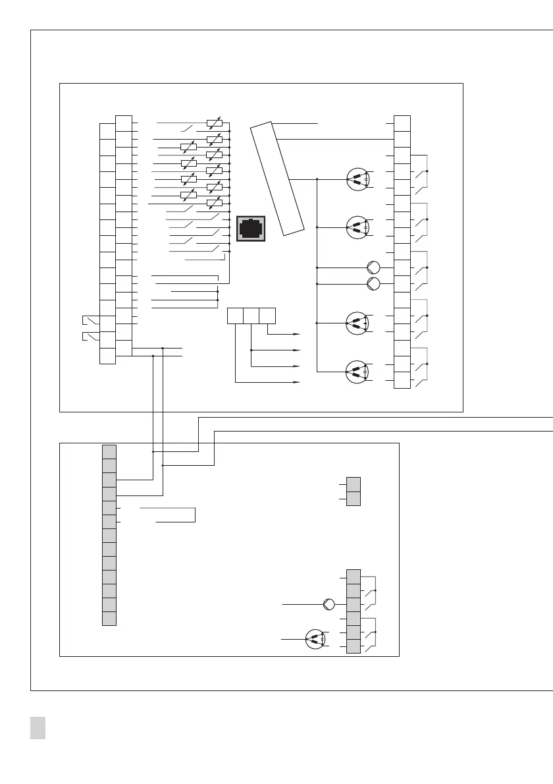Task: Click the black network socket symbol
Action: (x=251, y=228)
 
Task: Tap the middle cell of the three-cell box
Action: (x=251, y=316)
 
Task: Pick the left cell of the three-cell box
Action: (x=235, y=316)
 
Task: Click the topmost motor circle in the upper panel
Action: (x=357, y=180)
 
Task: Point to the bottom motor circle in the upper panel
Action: (x=357, y=372)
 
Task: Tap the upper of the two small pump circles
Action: (x=373, y=267)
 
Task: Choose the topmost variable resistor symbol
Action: (x=214, y=123)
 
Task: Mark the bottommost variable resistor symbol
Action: (x=214, y=204)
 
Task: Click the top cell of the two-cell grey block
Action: (x=354, y=484)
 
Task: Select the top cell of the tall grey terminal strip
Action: (x=109, y=451)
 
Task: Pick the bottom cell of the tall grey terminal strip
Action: (x=109, y=618)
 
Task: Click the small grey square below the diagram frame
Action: (x=38, y=727)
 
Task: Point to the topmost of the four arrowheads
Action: (x=296, y=334)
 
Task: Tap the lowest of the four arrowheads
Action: (x=296, y=381)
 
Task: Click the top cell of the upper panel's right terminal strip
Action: (x=402, y=123)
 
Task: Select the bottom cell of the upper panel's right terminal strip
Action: (x=402, y=381)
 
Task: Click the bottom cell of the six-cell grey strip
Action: (x=354, y=646)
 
